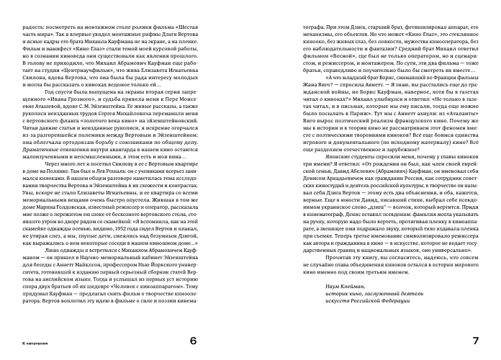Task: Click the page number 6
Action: click(x=192, y=340)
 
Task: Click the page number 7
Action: click(x=476, y=340)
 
